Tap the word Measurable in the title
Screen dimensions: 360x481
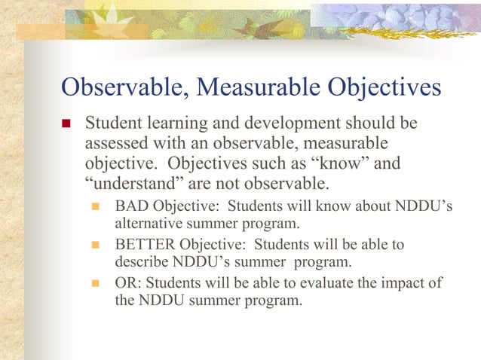click(248, 88)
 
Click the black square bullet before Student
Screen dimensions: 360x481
click(66, 124)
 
